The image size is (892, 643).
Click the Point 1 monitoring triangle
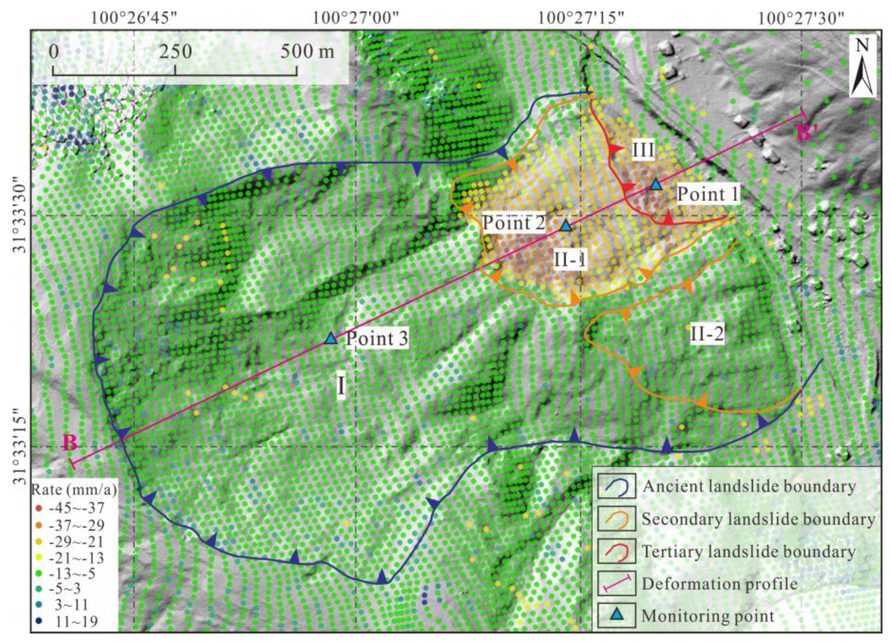click(x=656, y=185)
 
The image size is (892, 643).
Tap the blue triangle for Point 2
click(x=566, y=226)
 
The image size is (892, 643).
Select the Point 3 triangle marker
click(x=331, y=339)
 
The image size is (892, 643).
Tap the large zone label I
click(x=341, y=385)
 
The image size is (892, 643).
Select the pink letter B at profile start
click(x=70, y=443)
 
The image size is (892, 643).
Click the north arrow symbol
click(x=862, y=66)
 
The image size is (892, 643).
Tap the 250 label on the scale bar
click(x=175, y=52)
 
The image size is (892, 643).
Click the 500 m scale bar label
click(x=307, y=52)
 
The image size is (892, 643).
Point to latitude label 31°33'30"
click(x=21, y=216)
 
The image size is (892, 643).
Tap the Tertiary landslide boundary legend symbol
click(x=617, y=551)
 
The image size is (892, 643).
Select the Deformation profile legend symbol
click(x=617, y=584)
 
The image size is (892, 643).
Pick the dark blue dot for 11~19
click(x=38, y=622)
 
